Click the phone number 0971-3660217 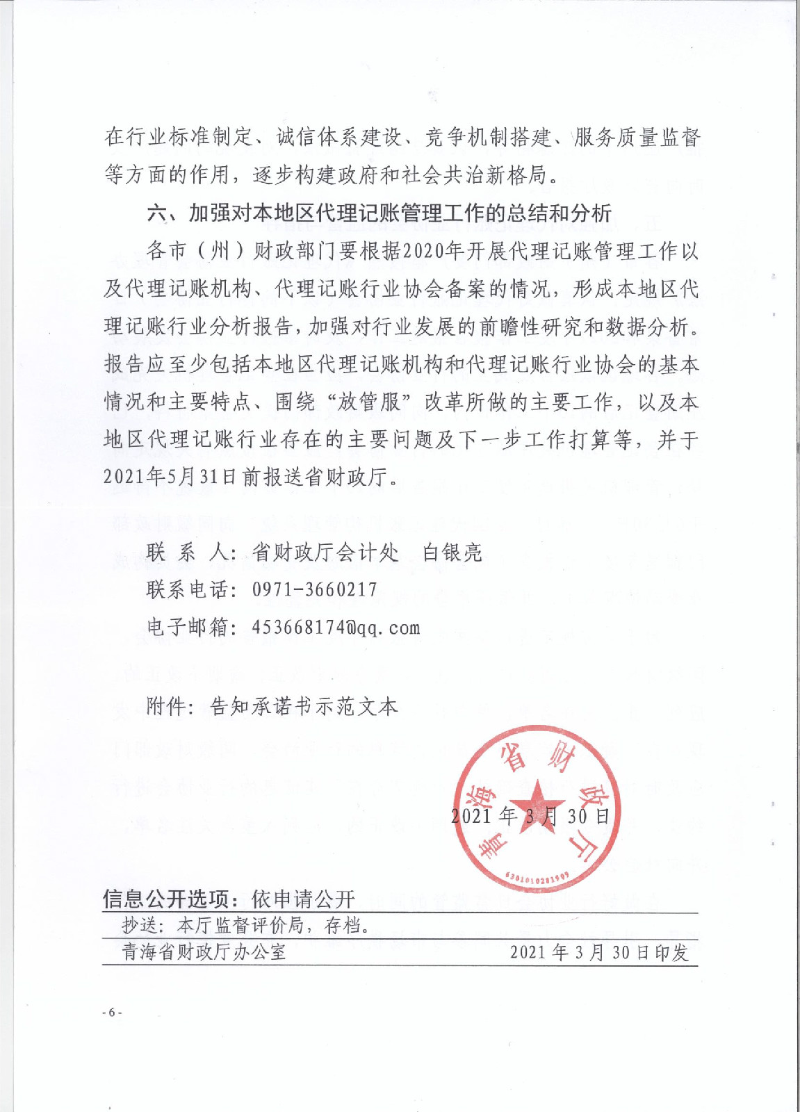coord(314,590)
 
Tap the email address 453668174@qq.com coord(336,628)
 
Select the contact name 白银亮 coord(452,553)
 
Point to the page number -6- coord(111,1012)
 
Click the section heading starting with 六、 coord(379,213)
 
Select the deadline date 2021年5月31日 coord(170,477)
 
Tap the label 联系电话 coord(186,590)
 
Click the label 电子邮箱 coord(186,628)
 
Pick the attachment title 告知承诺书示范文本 coord(304,707)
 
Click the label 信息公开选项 coord(165,899)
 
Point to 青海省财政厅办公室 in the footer coord(204,951)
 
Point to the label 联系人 coord(186,553)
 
